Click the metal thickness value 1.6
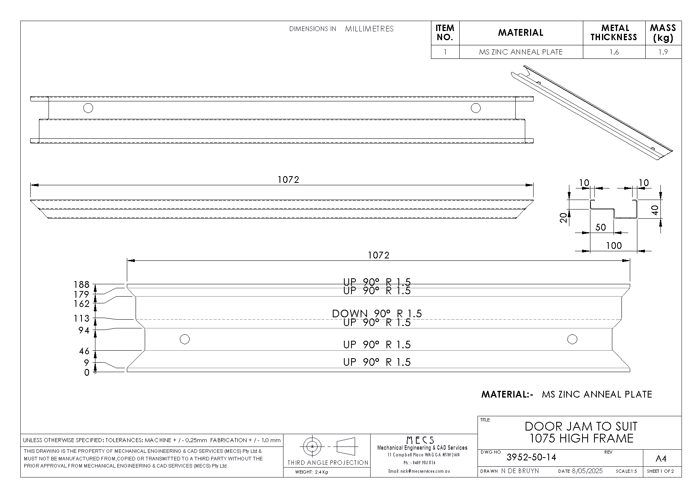pyautogui.click(x=614, y=52)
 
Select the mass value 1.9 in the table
pyautogui.click(x=663, y=52)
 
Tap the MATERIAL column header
pyautogui.click(x=520, y=33)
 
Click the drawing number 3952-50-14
pyautogui.click(x=531, y=457)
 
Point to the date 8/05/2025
pyautogui.click(x=587, y=471)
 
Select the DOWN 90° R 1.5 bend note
pyautogui.click(x=377, y=314)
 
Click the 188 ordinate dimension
pyautogui.click(x=82, y=285)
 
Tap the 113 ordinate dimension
pyautogui.click(x=82, y=318)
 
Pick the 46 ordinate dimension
pyautogui.click(x=84, y=351)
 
